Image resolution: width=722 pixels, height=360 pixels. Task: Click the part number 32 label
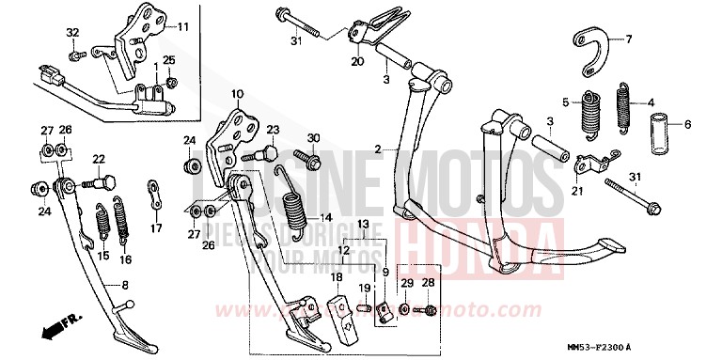coord(72,33)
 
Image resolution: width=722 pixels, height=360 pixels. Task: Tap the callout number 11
coord(182,26)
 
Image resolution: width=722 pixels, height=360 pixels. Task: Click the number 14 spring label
coord(325,218)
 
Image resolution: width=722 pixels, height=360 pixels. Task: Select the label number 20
coord(356,62)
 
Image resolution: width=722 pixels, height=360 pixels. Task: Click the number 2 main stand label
coord(377,149)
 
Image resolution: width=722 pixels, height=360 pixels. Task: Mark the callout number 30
coord(314,138)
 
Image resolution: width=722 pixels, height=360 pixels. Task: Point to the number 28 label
coord(429,283)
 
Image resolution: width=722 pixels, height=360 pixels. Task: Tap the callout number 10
coord(238,94)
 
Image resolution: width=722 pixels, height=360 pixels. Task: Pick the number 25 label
coord(169,60)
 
